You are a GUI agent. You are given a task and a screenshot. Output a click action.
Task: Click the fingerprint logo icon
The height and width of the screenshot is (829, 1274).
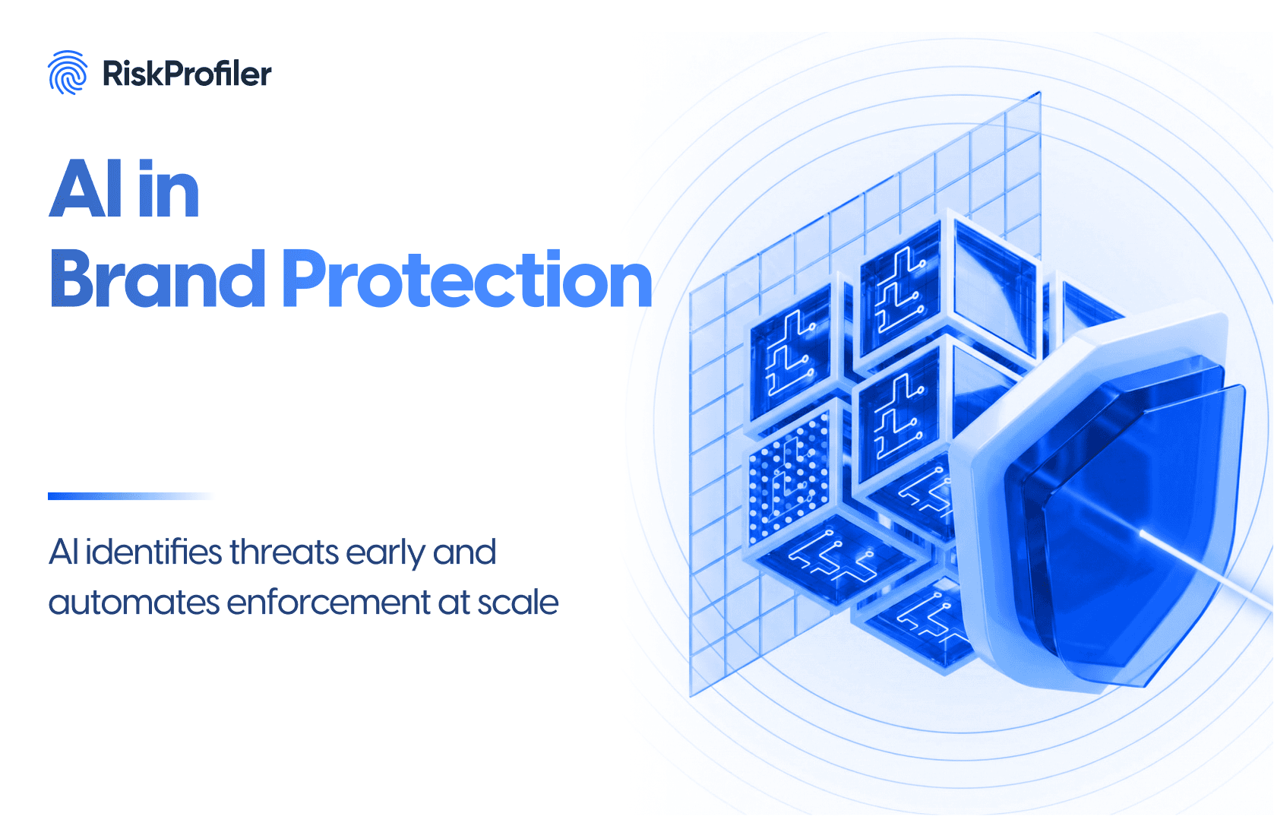(68, 73)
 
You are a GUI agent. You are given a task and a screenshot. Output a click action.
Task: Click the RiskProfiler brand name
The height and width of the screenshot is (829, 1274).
(187, 74)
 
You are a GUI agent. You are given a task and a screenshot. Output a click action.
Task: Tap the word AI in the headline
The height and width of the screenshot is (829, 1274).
(86, 189)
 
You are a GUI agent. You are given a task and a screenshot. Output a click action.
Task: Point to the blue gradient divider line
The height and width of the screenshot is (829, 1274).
(129, 496)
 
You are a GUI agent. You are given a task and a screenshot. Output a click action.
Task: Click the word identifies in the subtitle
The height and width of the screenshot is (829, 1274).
(153, 552)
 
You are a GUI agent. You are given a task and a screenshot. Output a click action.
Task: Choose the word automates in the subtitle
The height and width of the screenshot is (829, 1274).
(133, 603)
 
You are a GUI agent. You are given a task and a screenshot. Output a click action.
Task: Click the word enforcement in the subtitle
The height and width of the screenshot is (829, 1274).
(328, 603)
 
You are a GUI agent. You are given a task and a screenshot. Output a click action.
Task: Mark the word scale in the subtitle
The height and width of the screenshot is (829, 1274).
(518, 603)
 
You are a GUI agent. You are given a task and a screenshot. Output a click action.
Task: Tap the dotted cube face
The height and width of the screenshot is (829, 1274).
(788, 477)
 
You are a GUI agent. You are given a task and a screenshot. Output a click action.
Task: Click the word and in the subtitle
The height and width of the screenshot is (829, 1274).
(464, 552)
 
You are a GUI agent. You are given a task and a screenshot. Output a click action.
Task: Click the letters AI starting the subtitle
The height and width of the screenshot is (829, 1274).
(63, 552)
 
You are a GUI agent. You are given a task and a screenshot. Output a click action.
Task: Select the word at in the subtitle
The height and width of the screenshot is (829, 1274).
(454, 603)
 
